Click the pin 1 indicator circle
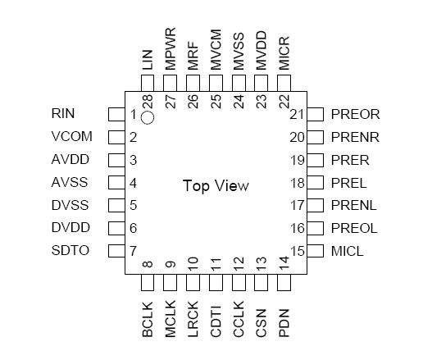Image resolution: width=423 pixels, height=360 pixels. click(147, 118)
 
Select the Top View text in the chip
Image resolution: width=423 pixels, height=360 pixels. click(215, 185)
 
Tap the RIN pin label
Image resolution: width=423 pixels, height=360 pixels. click(63, 114)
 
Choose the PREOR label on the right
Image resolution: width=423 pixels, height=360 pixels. click(355, 114)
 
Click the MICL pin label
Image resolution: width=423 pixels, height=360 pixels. click(348, 250)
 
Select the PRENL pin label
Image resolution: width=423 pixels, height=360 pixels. click(355, 205)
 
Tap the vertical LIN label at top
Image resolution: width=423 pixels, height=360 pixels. click(148, 59)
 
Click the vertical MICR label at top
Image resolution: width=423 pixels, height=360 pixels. click(284, 53)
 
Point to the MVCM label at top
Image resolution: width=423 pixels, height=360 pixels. click(216, 51)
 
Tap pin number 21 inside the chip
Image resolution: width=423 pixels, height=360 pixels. click(296, 114)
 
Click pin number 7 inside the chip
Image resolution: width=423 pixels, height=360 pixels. click(132, 250)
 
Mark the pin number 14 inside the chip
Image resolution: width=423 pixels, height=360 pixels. click(284, 263)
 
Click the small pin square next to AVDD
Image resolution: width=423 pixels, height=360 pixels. click(116, 160)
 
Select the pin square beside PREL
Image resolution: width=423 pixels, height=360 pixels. click(314, 182)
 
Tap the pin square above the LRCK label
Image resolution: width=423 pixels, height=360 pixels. click(193, 283)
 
